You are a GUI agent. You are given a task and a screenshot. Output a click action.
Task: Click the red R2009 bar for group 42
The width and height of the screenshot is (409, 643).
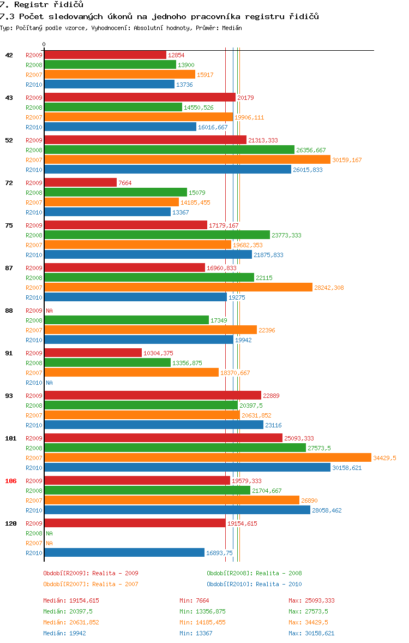pos(105,55)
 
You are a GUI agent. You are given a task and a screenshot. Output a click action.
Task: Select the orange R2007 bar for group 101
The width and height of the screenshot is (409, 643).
pos(207,458)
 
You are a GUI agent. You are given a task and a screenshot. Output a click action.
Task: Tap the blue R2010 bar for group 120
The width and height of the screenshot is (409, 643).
pos(124,553)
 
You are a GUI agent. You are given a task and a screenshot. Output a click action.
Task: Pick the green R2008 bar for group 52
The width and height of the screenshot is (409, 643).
pos(169,150)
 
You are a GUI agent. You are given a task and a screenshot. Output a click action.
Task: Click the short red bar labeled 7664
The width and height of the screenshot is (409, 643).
pos(80,183)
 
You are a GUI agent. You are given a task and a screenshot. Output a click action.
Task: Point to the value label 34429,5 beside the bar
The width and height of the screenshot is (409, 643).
pos(384,458)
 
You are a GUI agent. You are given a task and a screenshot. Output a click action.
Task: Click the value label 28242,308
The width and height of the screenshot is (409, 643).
pos(329,288)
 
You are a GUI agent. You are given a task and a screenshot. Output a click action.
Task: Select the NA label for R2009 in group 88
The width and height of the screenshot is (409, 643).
pos(49,311)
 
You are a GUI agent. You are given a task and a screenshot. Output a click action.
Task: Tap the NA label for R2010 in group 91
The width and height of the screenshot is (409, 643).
pos(49,383)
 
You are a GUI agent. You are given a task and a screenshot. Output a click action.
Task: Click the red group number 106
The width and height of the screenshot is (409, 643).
pos(10,481)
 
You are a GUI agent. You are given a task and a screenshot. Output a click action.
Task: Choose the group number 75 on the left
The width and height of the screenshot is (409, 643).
pos(9,225)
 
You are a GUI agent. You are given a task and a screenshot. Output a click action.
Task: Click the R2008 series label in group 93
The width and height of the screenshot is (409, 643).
pos(34,406)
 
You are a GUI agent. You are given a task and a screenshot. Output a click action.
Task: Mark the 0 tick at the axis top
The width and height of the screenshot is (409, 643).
pos(44,44)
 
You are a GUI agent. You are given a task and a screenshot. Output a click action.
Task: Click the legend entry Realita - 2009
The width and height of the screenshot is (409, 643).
pos(91,573)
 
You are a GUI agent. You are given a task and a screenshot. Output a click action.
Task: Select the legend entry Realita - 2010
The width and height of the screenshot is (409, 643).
pos(254,584)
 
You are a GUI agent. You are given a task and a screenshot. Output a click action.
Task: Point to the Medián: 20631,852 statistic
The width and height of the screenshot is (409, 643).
pos(71,622)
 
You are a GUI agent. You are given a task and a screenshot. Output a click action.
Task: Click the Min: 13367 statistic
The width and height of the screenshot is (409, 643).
pos(197,633)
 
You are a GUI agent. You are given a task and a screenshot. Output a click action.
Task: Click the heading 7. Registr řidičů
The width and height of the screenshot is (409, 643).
pos(41,5)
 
